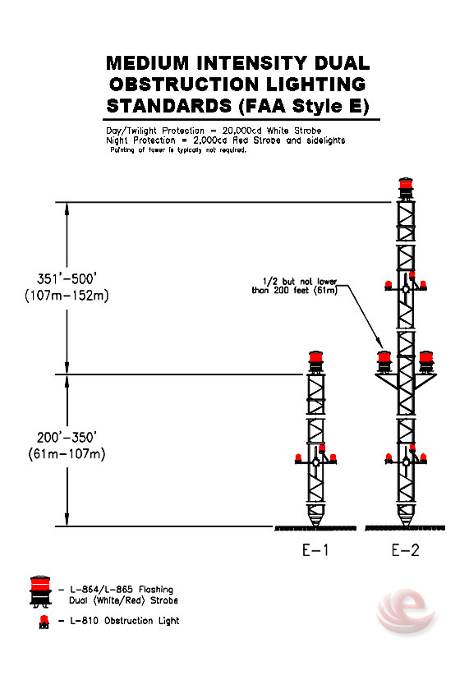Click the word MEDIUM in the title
point(148,63)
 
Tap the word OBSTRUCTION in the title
point(184,84)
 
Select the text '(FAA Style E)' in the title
point(304,106)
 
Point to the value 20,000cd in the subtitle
point(242,131)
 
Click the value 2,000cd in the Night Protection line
point(210,140)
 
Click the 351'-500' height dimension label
point(67,279)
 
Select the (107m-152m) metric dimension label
point(67,296)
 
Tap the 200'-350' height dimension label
point(67,437)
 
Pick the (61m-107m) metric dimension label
point(67,454)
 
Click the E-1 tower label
point(315,550)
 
